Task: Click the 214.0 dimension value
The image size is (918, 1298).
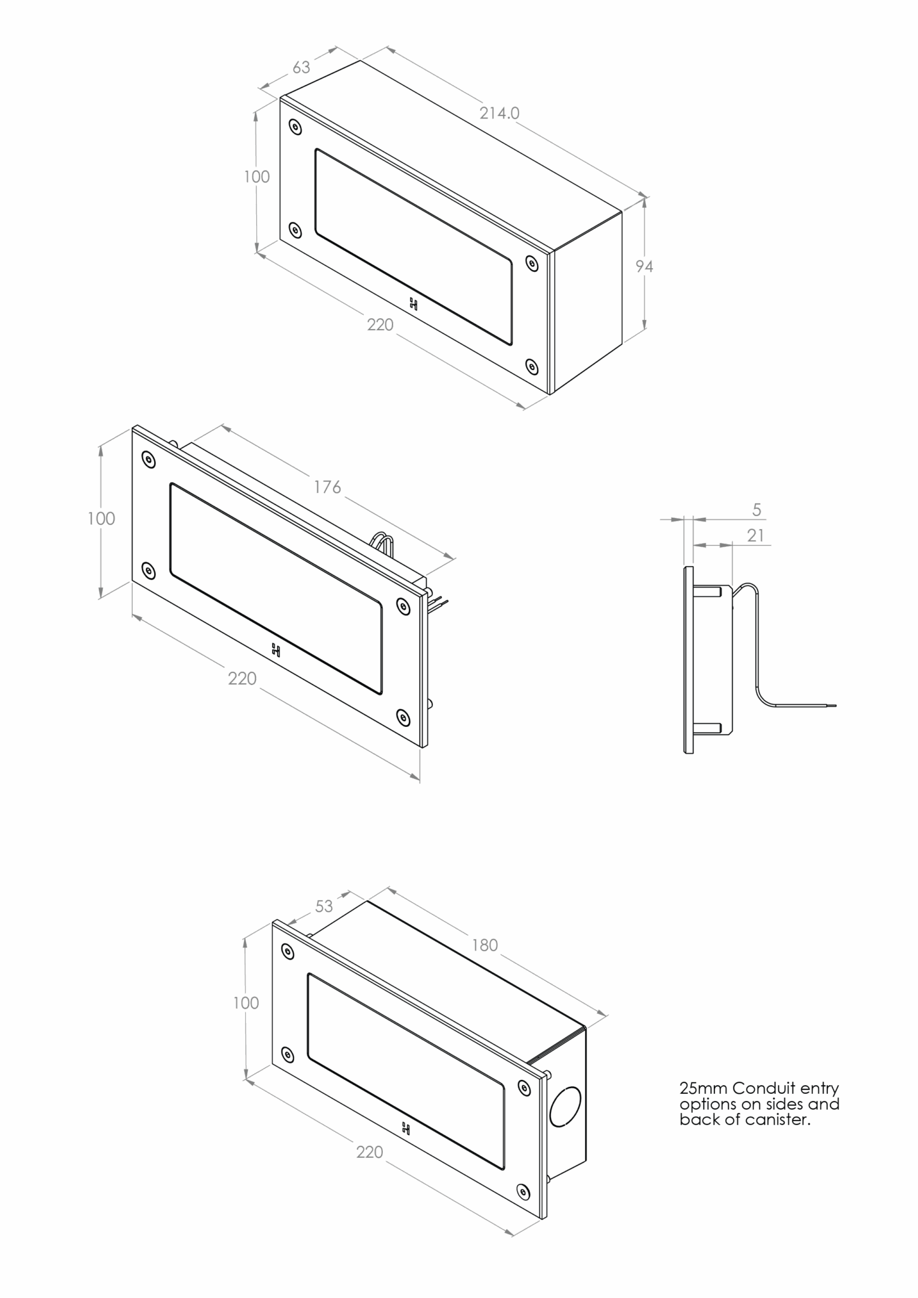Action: (x=499, y=113)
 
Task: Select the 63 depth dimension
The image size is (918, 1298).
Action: (x=301, y=67)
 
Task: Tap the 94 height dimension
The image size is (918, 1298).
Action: (x=644, y=267)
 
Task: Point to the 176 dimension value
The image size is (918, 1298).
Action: (x=327, y=487)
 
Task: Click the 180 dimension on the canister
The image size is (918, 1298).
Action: (x=485, y=945)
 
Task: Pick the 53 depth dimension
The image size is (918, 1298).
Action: (x=324, y=906)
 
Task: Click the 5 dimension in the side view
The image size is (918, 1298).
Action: (x=756, y=510)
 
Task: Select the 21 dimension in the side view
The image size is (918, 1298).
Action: (x=755, y=536)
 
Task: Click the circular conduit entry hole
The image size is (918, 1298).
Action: (x=564, y=1107)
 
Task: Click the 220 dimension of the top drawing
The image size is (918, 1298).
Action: (x=380, y=325)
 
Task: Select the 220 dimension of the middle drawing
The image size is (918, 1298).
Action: (x=242, y=679)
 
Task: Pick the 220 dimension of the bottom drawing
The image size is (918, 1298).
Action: (x=370, y=1152)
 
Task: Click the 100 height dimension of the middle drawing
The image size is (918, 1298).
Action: (x=101, y=519)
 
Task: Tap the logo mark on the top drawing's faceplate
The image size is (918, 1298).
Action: (x=413, y=304)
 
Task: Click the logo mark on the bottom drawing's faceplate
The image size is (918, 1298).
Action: (x=405, y=1128)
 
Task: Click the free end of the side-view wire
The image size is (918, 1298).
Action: (x=836, y=705)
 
